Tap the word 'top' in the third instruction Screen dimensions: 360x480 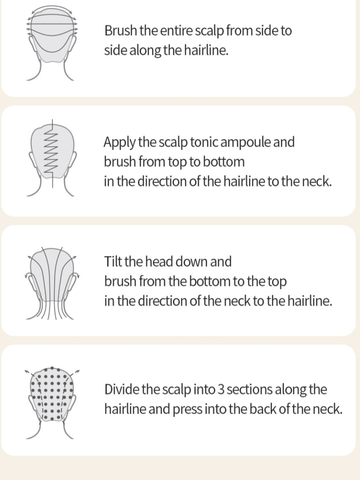277,282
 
